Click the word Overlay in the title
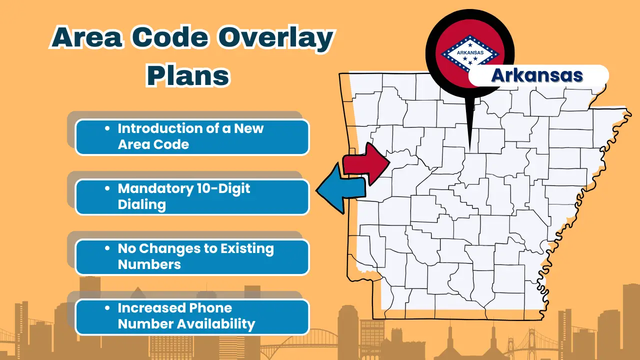[x=276, y=39]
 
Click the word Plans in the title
[x=188, y=75]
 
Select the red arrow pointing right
[x=366, y=163]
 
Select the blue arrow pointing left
[x=340, y=188]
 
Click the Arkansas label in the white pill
[x=537, y=75]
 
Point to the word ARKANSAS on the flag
[x=470, y=52]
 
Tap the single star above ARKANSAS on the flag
[x=470, y=45]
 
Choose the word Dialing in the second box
[x=141, y=205]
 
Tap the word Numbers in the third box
[x=149, y=264]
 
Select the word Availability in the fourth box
[x=216, y=324]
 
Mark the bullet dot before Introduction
[x=107, y=128]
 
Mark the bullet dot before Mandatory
[x=107, y=188]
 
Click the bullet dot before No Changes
[x=107, y=248]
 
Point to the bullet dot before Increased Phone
[x=107, y=308]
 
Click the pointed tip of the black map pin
[x=470, y=151]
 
